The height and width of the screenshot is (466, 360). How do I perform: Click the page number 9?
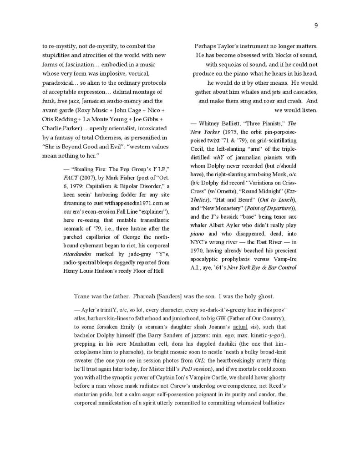click(315, 26)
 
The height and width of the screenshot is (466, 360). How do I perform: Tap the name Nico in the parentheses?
click(156, 110)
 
